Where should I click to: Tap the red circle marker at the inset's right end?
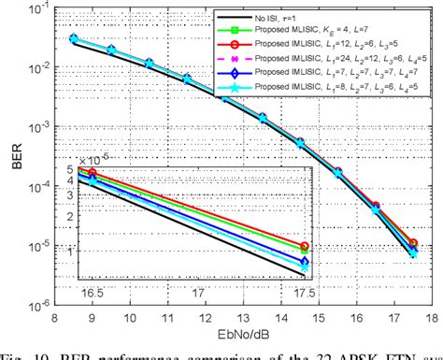305,247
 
